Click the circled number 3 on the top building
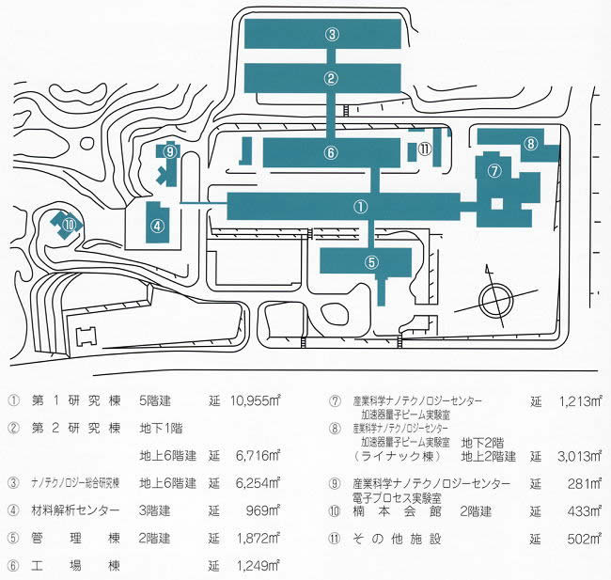[332, 34]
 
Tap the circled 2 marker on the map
[332, 78]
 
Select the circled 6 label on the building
[331, 151]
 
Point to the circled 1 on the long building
[359, 205]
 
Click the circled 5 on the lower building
[371, 261]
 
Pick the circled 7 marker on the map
[493, 170]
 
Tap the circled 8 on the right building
[530, 144]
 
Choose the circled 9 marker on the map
[169, 150]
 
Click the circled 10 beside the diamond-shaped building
[70, 224]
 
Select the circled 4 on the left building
[158, 225]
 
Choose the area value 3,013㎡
[578, 456]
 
